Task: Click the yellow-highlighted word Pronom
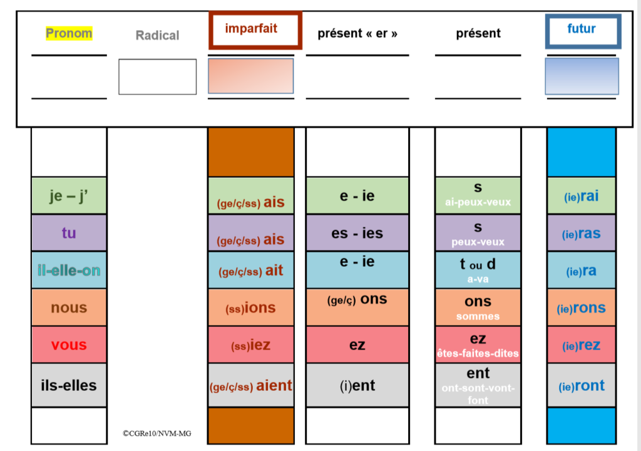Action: click(69, 33)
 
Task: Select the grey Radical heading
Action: click(157, 36)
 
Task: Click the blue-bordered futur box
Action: click(583, 30)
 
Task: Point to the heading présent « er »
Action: click(357, 34)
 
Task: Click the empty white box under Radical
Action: click(157, 76)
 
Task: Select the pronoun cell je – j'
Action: click(69, 196)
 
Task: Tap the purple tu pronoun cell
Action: click(69, 233)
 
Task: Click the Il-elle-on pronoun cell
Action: click(69, 271)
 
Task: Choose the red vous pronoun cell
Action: click(69, 345)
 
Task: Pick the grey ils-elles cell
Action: click(69, 385)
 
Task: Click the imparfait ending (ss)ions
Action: click(251, 308)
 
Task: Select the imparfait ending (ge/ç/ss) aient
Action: click(251, 386)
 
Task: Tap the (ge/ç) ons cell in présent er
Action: click(357, 301)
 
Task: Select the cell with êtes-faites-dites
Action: click(478, 345)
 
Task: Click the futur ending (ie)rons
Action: click(582, 308)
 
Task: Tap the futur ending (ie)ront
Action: click(582, 386)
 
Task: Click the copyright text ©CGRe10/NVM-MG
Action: click(157, 433)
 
